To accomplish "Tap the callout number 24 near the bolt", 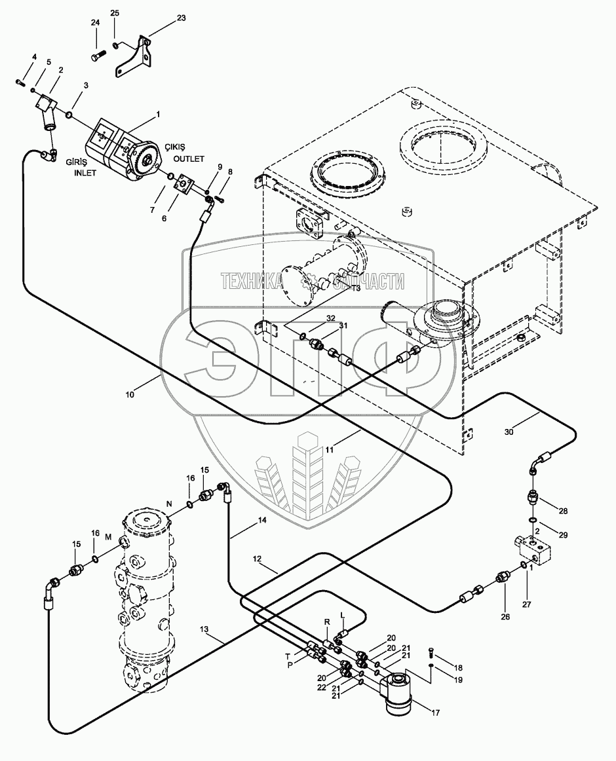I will (95, 23).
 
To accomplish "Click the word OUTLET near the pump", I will (190, 158).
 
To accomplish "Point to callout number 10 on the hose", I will (130, 395).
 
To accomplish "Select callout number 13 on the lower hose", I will (204, 630).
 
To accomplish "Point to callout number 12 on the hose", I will (257, 559).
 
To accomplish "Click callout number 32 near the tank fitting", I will (332, 318).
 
